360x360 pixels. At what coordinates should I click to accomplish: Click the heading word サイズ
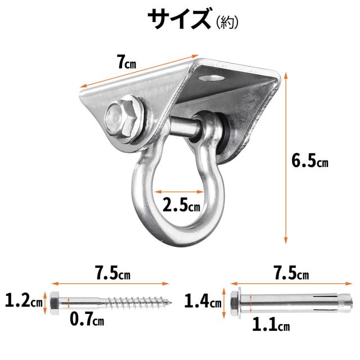[x=179, y=19]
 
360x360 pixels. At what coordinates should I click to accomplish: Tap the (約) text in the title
[x=227, y=22]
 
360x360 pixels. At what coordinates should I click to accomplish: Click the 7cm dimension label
[x=127, y=62]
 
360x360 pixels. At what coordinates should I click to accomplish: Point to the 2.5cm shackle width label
[x=181, y=205]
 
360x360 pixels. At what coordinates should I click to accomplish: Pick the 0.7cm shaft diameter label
[x=87, y=319]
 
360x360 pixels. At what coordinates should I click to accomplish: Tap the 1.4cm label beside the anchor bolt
[x=203, y=301]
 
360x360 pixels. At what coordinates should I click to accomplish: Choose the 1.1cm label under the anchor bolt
[x=271, y=324]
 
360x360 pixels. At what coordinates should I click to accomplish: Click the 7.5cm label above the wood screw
[x=113, y=273]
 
